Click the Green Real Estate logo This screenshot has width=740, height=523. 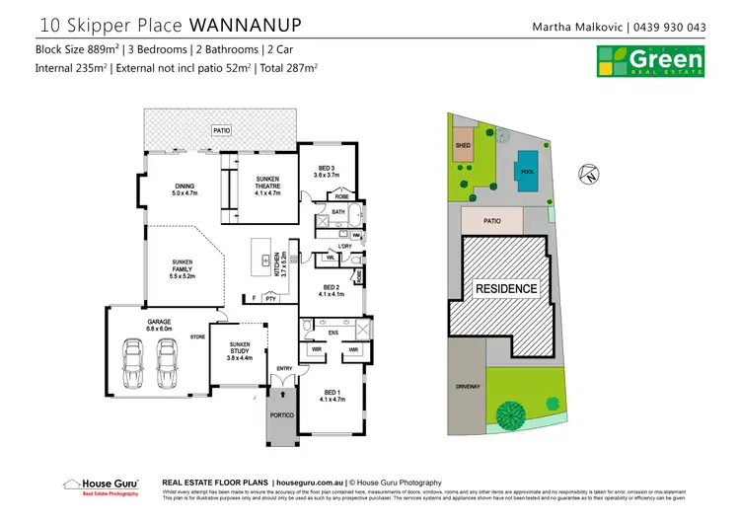[651, 58]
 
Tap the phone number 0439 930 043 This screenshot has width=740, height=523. [668, 27]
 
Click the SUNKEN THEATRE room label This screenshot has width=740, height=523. [267, 187]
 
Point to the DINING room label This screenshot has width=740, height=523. [185, 190]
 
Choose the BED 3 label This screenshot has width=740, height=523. [326, 171]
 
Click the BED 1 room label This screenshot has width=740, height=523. [330, 395]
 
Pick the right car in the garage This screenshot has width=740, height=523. [168, 363]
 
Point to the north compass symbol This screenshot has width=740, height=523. [590, 176]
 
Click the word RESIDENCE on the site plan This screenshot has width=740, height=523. [507, 289]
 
